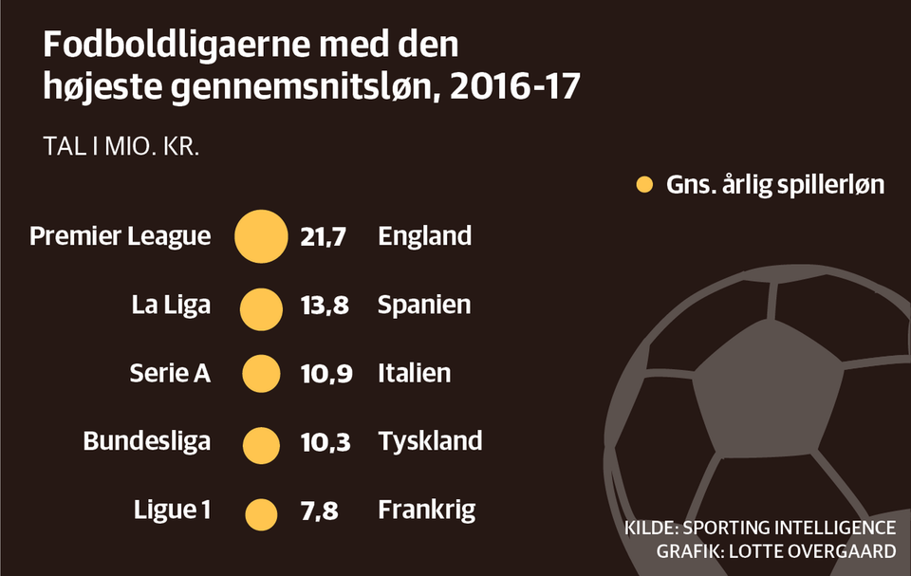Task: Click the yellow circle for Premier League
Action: point(261,236)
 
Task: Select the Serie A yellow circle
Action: point(261,374)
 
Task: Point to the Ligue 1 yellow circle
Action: point(261,513)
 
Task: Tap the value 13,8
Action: point(325,306)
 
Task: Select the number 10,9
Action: point(326,374)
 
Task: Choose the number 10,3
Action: point(326,442)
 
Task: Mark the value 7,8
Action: point(319,511)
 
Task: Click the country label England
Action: point(424,236)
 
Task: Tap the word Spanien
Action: point(424,306)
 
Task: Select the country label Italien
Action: point(414,374)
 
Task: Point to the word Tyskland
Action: point(430,442)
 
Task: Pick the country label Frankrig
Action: point(426,511)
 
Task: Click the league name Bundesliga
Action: point(146,442)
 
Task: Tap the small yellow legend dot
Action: point(644,185)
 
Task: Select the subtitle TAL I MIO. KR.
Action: point(121,149)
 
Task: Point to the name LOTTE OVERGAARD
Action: point(814,551)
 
